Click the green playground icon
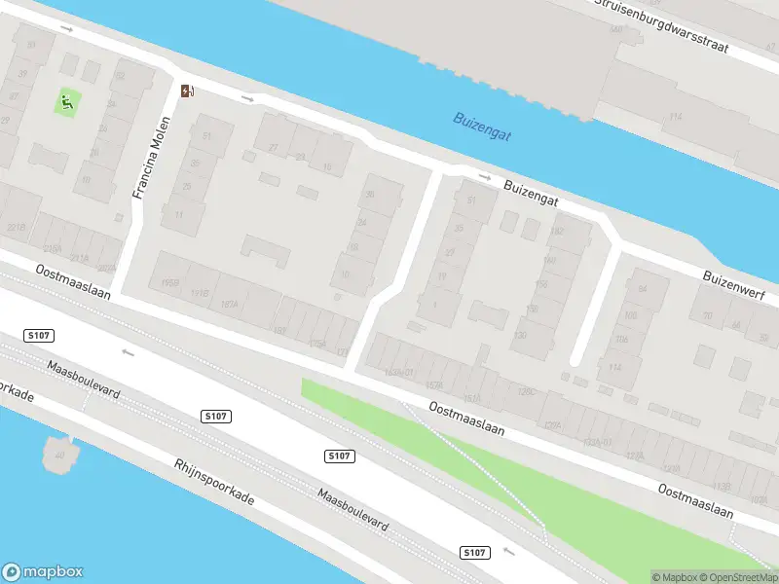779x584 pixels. (67, 101)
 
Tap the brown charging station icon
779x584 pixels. (187, 91)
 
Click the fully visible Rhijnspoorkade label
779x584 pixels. (213, 483)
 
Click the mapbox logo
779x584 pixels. (43, 572)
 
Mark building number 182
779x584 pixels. (557, 232)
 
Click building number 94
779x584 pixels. (642, 290)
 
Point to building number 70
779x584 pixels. (708, 316)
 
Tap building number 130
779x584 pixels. (520, 335)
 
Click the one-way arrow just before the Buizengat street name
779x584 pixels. (485, 177)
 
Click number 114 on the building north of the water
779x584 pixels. (674, 117)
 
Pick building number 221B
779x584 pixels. (17, 227)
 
